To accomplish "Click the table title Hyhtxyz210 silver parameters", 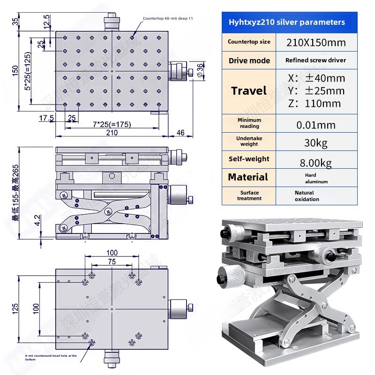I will click(286, 22).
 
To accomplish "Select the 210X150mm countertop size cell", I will click(316, 42).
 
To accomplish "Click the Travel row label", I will click(248, 91).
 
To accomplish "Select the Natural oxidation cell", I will click(307, 196).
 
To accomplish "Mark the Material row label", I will click(248, 177).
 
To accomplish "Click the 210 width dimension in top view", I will click(112, 133).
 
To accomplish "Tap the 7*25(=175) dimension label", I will click(112, 124).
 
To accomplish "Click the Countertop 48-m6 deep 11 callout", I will click(168, 18).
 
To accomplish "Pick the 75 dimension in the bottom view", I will click(112, 262).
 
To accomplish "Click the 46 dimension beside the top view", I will click(180, 133).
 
